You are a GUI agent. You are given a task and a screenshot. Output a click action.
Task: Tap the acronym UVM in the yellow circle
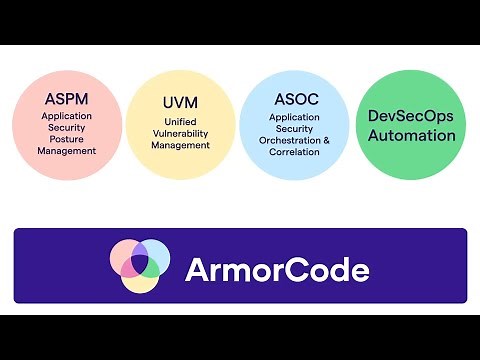click(181, 103)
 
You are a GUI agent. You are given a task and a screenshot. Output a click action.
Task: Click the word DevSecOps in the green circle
click(411, 116)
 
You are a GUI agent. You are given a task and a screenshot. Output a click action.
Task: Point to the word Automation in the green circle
click(411, 135)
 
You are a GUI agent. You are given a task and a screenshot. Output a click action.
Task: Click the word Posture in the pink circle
click(67, 139)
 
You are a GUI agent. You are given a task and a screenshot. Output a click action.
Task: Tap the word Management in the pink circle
click(67, 151)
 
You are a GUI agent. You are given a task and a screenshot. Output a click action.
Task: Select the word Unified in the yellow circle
click(181, 121)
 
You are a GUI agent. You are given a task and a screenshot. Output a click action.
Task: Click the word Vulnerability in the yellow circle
click(181, 133)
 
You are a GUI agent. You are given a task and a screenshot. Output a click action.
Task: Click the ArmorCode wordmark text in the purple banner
click(277, 269)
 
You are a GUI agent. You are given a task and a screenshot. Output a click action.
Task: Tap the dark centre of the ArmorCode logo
click(139, 263)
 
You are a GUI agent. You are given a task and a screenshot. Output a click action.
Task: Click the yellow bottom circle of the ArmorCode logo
click(139, 282)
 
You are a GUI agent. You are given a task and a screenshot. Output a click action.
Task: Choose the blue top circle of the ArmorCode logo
click(139, 249)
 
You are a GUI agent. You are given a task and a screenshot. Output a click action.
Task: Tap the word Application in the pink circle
click(67, 115)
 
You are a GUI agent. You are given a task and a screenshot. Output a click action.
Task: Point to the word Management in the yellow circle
click(181, 145)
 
